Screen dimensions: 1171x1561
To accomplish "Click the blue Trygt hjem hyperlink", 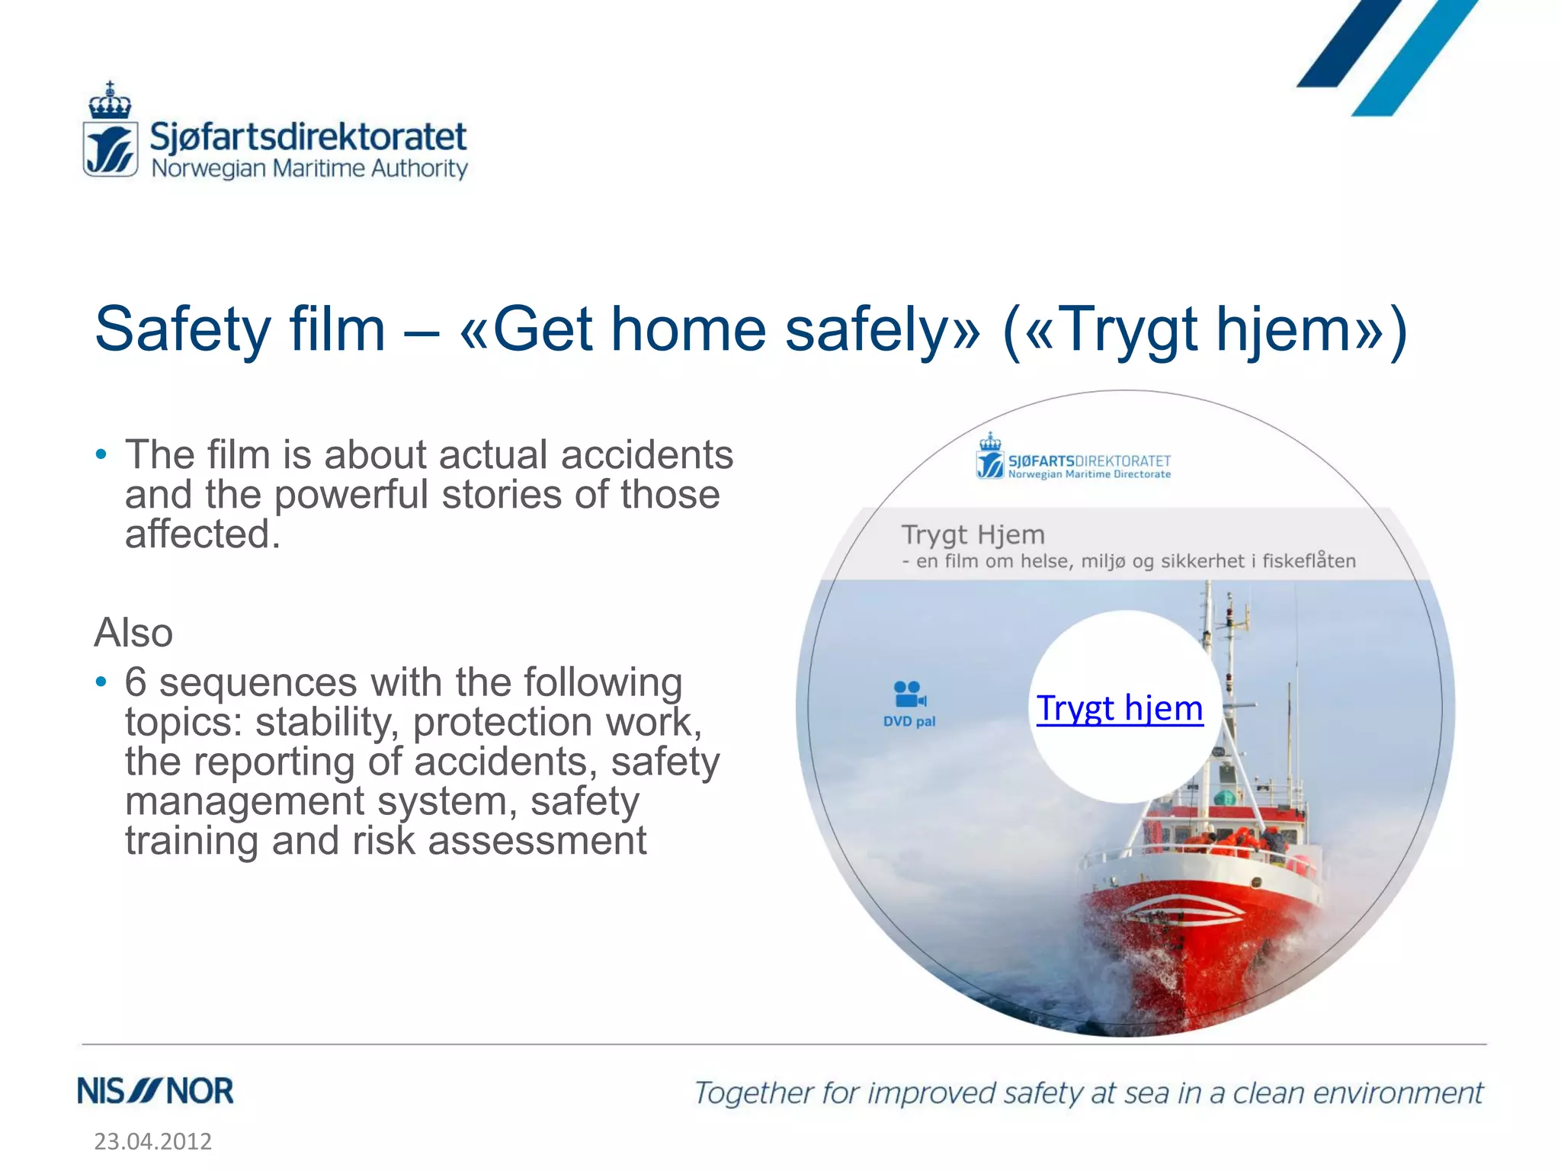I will coord(1119,708).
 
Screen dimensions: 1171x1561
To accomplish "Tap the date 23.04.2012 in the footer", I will coord(152,1141).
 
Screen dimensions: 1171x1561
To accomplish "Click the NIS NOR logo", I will coord(155,1091).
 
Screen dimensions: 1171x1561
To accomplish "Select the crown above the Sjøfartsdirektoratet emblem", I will coord(110,101).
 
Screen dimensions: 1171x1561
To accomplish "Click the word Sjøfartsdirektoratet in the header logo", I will coord(308,136).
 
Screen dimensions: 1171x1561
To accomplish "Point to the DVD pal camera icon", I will coord(909,695).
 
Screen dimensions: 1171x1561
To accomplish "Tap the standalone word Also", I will coord(133,633).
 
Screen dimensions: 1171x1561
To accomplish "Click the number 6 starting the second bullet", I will coord(135,682).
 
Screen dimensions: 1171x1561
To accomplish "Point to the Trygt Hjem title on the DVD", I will coord(973,534).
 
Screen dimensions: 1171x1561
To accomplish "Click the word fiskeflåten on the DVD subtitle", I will coord(1309,561).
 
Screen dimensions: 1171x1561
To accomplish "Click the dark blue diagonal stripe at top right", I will coord(1349,46).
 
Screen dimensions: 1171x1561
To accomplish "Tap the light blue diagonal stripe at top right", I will coord(1414,61).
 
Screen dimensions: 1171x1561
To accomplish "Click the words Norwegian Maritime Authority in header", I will coord(309,168).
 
